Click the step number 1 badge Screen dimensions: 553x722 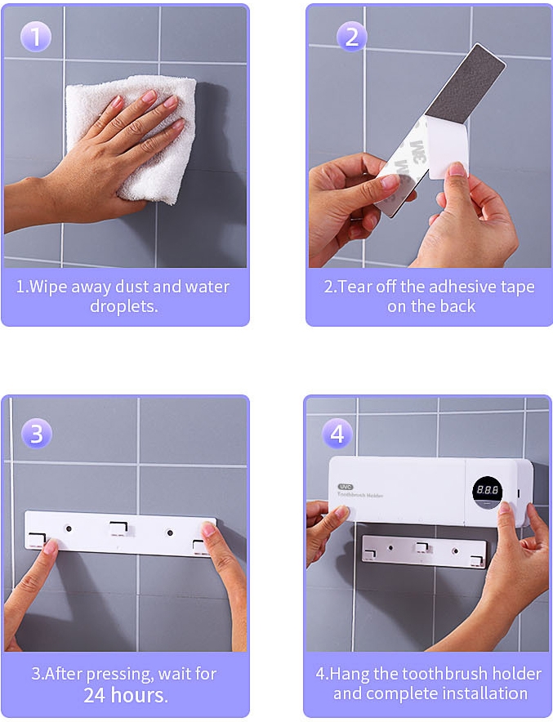click(x=35, y=37)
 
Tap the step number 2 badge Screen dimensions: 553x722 click(x=351, y=37)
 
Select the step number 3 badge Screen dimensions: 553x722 click(x=37, y=434)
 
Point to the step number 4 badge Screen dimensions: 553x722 click(x=337, y=434)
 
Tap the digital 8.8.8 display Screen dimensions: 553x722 click(x=488, y=490)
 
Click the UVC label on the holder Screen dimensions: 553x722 click(x=346, y=487)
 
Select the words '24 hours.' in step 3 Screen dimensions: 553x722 click(x=126, y=695)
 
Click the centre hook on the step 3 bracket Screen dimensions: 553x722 click(x=118, y=528)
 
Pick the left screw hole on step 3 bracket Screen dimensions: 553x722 click(x=69, y=528)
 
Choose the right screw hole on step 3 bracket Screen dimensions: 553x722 click(x=170, y=533)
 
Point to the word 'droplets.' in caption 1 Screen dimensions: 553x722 click(x=124, y=306)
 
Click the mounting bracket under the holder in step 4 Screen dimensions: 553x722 click(x=424, y=550)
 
